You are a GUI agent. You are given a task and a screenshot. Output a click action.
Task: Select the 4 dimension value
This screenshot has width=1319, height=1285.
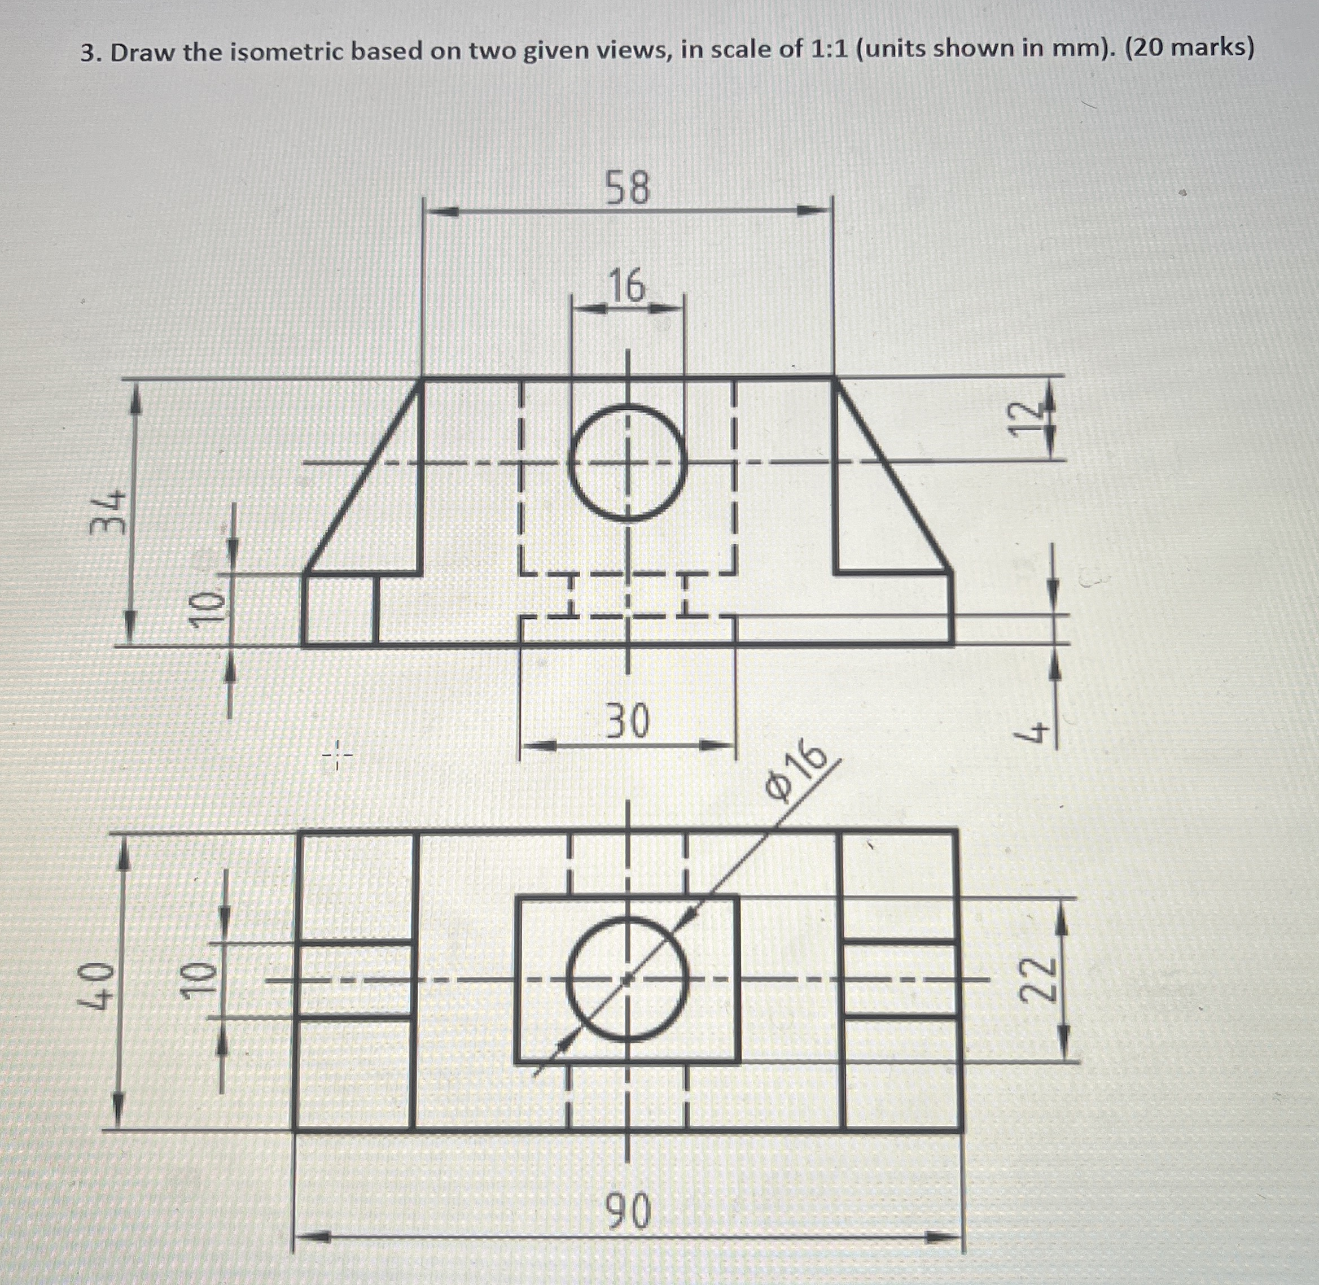click(x=1032, y=732)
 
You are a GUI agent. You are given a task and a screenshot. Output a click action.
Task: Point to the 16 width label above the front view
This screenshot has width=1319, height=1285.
click(x=628, y=286)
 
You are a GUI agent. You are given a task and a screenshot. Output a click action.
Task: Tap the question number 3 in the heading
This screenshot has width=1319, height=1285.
click(x=86, y=53)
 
